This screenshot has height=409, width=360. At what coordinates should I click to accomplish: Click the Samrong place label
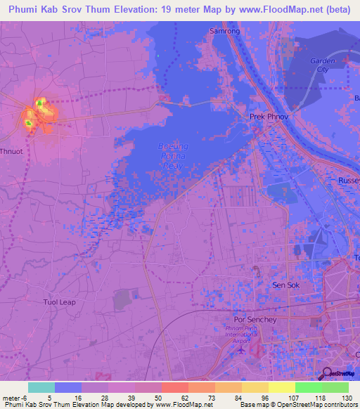[225, 32]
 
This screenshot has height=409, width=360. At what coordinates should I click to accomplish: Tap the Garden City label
[323, 65]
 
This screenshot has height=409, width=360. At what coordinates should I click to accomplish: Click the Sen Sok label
[286, 285]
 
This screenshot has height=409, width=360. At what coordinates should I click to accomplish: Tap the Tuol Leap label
[59, 302]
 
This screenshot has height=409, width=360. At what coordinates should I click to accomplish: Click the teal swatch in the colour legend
[41, 387]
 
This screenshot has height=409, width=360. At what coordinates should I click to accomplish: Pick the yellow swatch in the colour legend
[282, 387]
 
